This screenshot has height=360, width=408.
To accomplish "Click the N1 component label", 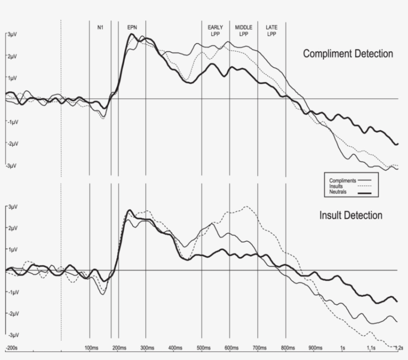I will point(100,27).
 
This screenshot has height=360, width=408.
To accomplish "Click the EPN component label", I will point(132,27).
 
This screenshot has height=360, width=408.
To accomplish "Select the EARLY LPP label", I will point(215,30).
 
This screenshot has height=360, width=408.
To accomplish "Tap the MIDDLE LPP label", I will point(244,30).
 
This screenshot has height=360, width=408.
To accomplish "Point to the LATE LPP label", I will point(272,30).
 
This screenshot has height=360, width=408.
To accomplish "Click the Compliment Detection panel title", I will point(348,54).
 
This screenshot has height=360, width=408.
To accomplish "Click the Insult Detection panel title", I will point(351,215).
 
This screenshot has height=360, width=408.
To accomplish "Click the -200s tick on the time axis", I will point(11,348).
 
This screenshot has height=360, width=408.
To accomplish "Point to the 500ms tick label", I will point(203,348).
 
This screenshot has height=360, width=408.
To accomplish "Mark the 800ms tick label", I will point(287,348).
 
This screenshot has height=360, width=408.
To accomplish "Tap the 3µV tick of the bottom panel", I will point(11,206).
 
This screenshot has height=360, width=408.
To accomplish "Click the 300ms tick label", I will point(146,348).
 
